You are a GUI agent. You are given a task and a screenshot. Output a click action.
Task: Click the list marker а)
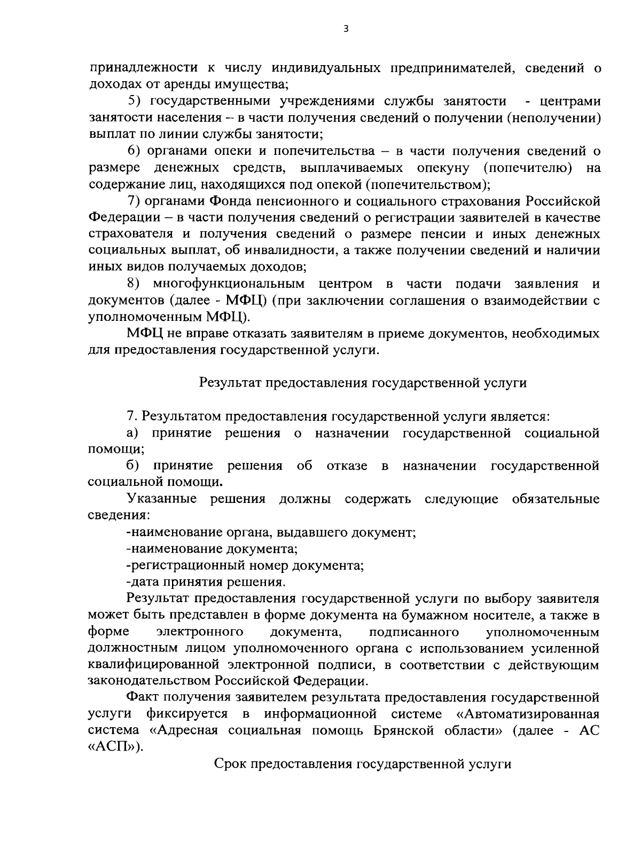(133, 433)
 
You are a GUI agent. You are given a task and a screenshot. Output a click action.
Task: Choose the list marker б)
(134, 466)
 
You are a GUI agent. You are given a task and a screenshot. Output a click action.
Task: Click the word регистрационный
(186, 565)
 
